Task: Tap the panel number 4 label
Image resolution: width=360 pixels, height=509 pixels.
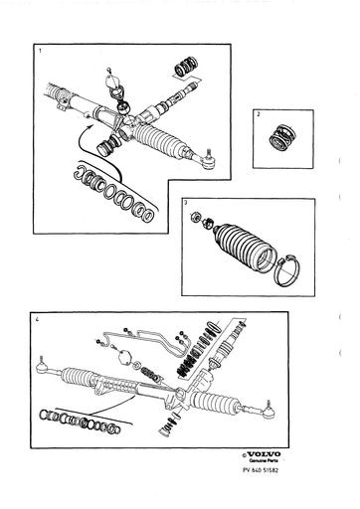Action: click(38, 321)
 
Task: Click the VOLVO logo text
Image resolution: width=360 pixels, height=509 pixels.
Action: click(264, 457)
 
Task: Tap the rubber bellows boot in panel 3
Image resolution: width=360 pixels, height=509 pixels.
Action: click(237, 243)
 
